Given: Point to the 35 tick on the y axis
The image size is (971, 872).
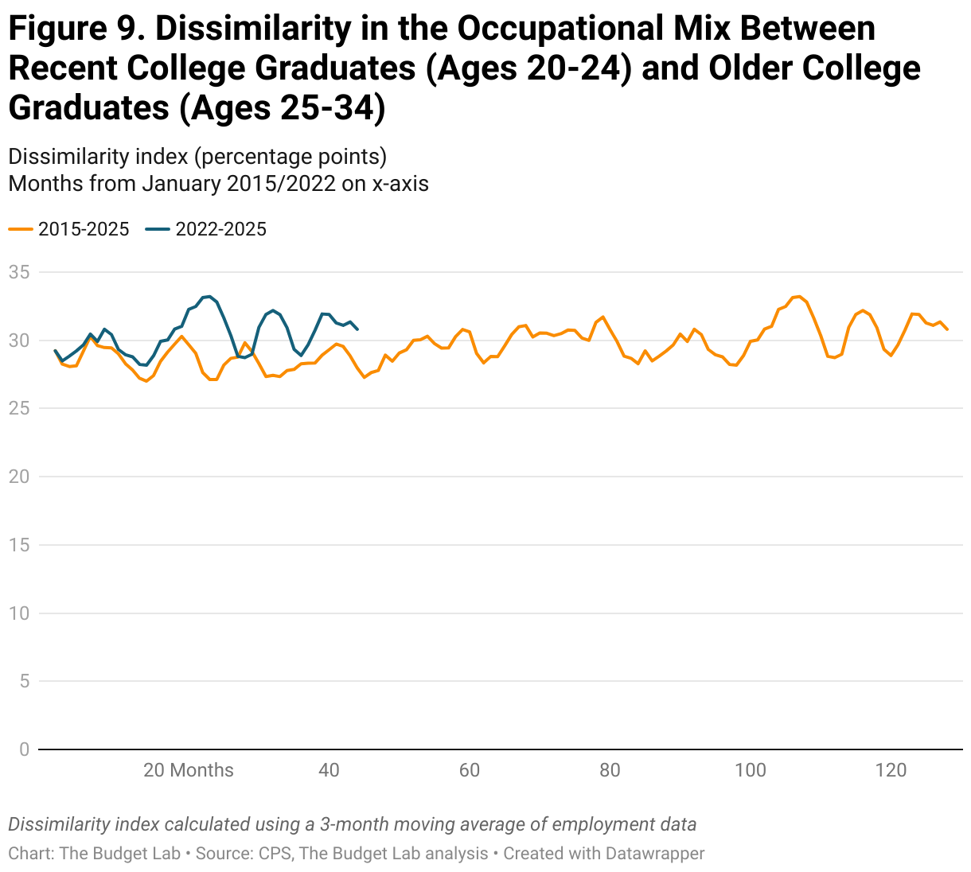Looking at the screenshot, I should point(19,272).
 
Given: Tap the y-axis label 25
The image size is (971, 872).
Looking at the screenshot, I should point(19,408).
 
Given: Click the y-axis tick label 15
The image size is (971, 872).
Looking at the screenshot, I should point(19,545).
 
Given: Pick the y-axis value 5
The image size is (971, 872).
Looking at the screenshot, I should point(24,681).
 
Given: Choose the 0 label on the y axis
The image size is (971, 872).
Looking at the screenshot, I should point(24,749).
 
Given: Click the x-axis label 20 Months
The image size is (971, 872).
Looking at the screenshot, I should point(189,770).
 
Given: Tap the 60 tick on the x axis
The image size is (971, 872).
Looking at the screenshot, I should point(470,770).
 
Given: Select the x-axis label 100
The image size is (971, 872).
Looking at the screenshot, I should point(750,770).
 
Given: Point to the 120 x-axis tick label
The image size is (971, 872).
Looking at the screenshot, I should point(891,770).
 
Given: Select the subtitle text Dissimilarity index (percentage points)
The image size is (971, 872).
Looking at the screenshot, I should point(197,156).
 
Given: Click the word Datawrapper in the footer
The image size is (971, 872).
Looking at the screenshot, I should point(655,854).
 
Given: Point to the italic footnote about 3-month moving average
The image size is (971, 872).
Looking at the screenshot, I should point(352,824).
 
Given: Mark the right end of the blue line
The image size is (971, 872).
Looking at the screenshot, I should point(357,329).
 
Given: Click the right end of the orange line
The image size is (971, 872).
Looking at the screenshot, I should point(947,329).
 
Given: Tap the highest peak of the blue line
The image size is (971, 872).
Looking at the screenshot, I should point(209,296).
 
